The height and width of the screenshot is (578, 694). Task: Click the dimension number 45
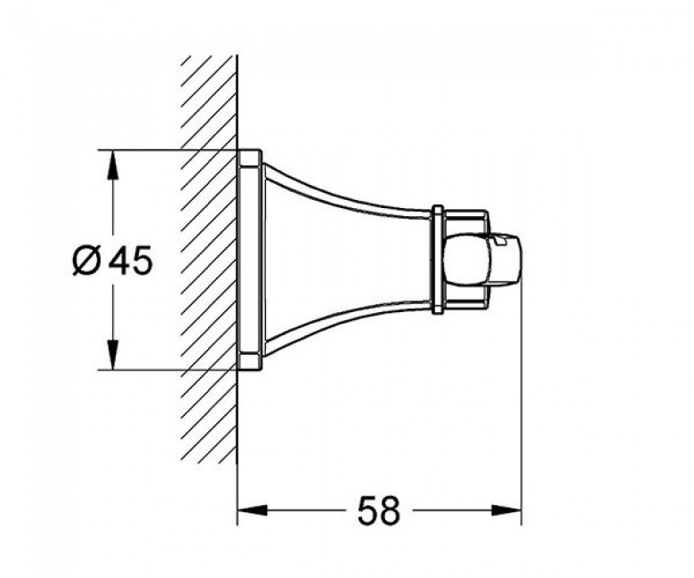point(131,260)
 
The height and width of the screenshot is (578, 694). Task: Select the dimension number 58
point(378,510)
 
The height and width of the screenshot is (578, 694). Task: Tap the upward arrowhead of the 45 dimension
point(114,165)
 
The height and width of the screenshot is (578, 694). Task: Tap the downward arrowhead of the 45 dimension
point(114,354)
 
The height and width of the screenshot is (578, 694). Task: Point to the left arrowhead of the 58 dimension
point(253,510)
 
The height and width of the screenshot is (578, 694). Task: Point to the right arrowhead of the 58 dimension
point(507,510)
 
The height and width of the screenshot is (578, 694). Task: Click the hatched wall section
point(209,260)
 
